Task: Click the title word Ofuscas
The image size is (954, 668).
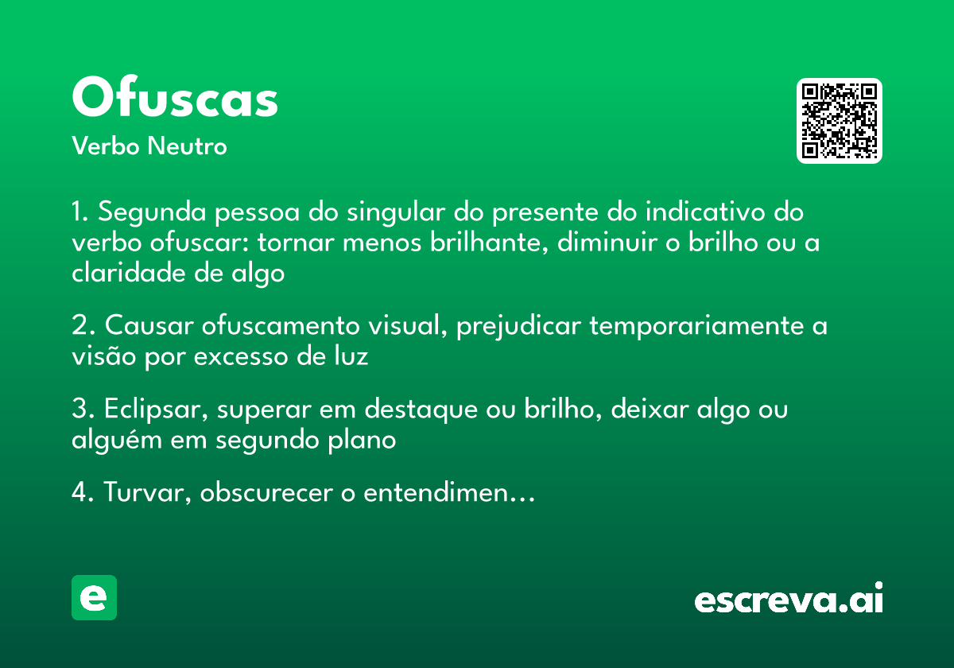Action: [175, 99]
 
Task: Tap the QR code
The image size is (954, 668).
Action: [839, 121]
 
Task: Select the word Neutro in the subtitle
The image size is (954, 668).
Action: [187, 146]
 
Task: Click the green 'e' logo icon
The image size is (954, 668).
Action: [94, 597]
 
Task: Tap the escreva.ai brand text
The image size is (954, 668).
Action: [789, 600]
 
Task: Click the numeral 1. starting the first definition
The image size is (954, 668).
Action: [81, 213]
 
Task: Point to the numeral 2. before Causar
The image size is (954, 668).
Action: [83, 326]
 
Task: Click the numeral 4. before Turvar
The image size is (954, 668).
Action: [83, 493]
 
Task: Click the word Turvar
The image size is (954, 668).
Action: [148, 494]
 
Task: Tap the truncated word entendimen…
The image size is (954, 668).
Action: [448, 494]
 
